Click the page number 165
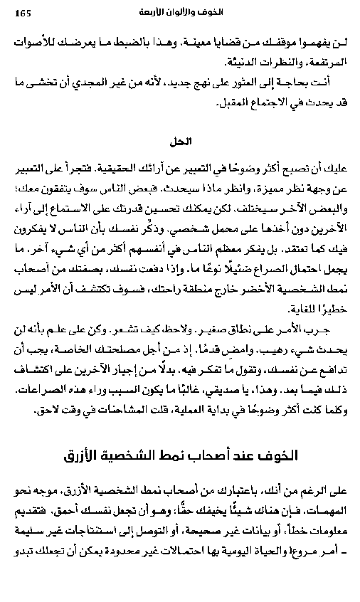click(x=24, y=12)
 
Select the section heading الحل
click(x=184, y=141)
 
